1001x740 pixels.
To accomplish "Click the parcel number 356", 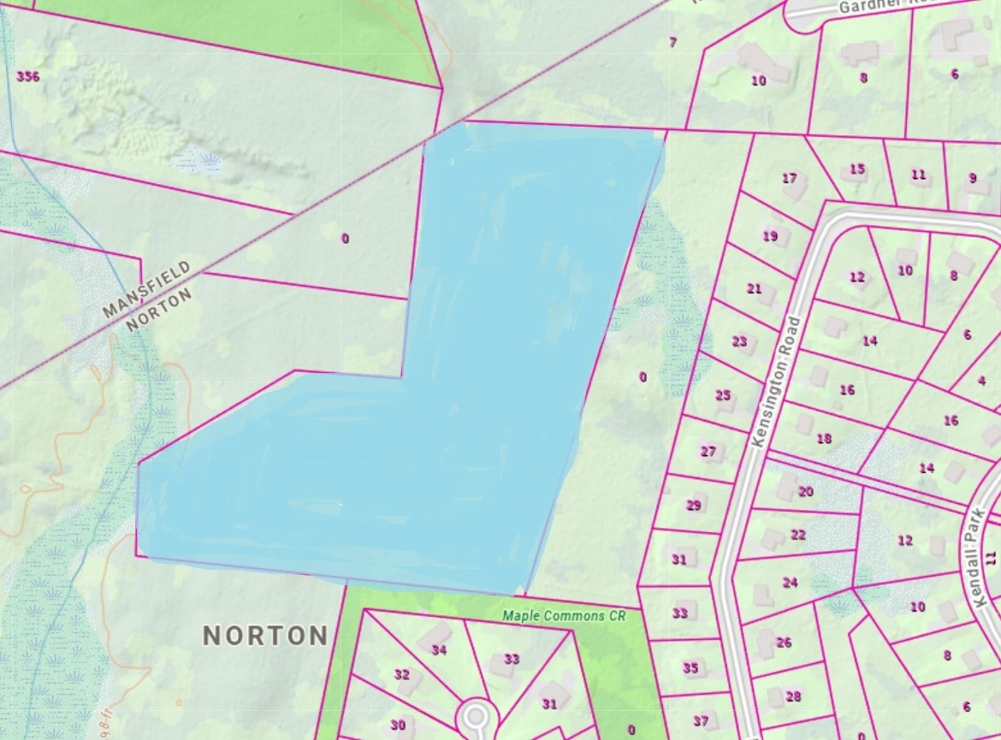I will click(28, 76).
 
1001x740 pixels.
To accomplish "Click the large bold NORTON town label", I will click(265, 636).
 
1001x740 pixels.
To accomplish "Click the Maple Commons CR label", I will click(564, 615).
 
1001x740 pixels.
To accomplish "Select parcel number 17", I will click(789, 178).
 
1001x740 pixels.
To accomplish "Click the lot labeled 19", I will click(770, 236).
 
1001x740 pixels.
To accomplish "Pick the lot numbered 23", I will click(739, 341).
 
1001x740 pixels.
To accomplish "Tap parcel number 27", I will click(708, 451).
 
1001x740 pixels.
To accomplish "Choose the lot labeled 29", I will click(693, 505).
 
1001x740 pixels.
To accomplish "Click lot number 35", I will click(690, 668).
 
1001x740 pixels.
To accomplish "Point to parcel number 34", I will click(439, 650).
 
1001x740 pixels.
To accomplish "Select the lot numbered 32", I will click(401, 674).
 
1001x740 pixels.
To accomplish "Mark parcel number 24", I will click(790, 583).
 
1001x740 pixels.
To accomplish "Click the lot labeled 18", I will click(823, 439).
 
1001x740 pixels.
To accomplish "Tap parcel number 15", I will click(857, 169).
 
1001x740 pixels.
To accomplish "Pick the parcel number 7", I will click(672, 42).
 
